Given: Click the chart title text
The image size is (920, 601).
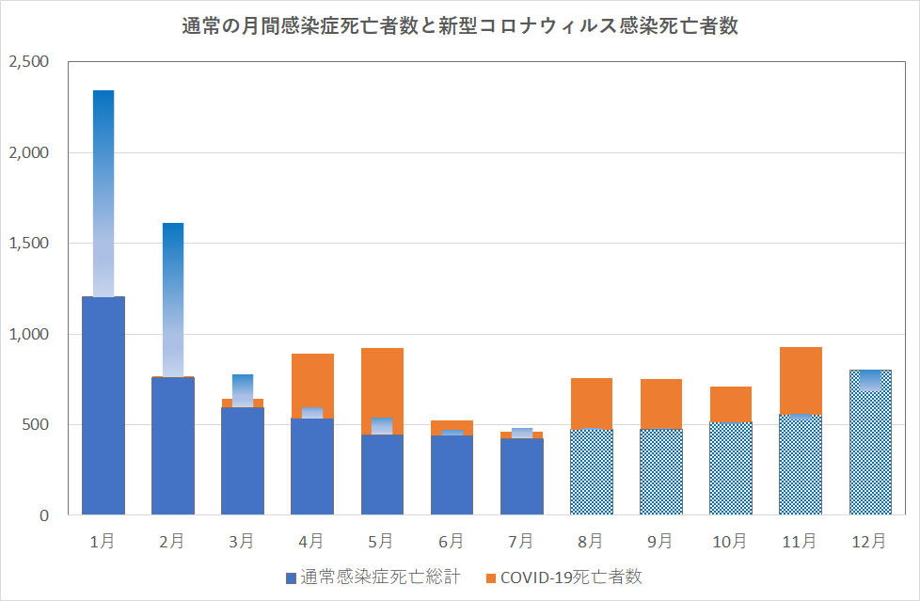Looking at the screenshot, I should coord(459,27).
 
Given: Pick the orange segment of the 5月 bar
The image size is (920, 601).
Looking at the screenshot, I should coord(382,381).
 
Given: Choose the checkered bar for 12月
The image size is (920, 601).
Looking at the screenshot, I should coord(870,451).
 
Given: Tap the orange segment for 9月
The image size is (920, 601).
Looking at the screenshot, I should coord(660,403).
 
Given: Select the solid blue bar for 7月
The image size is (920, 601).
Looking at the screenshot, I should coord(521,476).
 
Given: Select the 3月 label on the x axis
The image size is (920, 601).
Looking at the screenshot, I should coord(242,541).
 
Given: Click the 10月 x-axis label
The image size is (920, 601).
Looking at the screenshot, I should coord(730,541).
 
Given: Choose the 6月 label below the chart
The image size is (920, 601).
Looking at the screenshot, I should coord(451,541).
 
